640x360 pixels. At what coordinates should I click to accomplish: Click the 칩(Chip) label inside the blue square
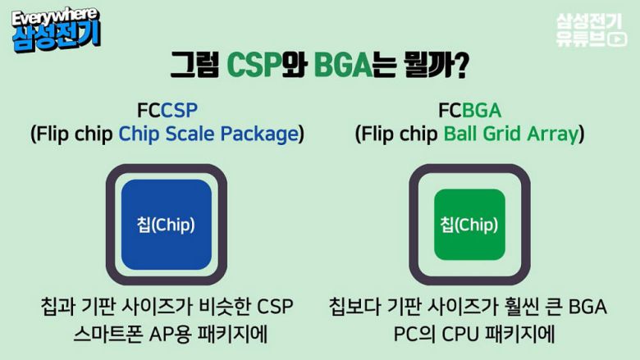point(167,224)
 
